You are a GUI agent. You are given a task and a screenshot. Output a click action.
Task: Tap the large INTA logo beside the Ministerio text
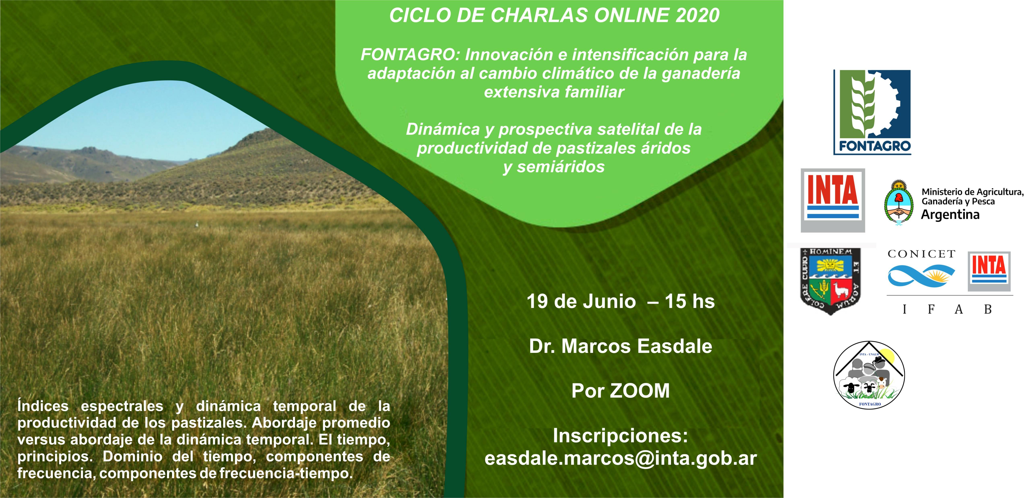(833, 200)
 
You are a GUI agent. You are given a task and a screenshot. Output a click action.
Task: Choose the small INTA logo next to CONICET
(989, 271)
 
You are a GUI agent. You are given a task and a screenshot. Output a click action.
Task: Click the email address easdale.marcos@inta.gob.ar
(621, 459)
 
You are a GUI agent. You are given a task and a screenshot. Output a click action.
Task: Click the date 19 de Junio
(581, 301)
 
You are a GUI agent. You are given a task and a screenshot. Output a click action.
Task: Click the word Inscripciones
(621, 436)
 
